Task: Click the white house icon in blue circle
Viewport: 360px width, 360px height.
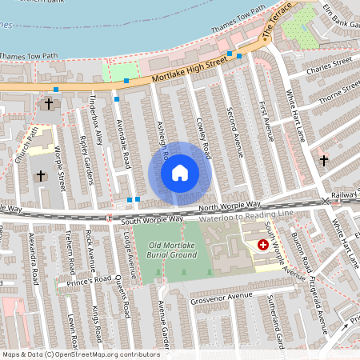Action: (x=180, y=173)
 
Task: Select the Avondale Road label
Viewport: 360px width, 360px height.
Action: (x=122, y=138)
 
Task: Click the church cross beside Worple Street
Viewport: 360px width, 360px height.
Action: (x=42, y=175)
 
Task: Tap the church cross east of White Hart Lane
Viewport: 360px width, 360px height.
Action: (x=323, y=161)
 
